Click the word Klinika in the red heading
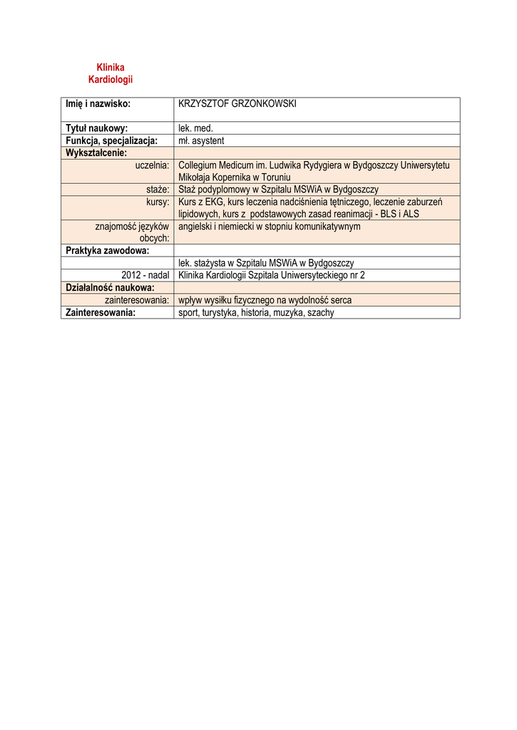[x=111, y=67]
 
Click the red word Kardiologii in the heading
[x=111, y=79]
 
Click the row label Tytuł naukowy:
[x=97, y=128]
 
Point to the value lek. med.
[x=196, y=128]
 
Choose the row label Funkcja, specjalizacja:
[x=111, y=140]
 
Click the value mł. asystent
[x=201, y=140]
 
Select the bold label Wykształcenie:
[x=96, y=153]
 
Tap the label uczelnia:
[x=152, y=165]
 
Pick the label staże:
[x=157, y=190]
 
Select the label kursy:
[x=157, y=202]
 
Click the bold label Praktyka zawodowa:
[x=107, y=250]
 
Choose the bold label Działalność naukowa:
[x=110, y=287]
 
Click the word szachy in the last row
[x=320, y=312]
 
